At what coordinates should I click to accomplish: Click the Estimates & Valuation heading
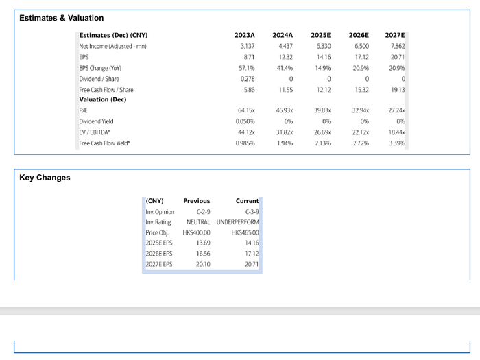pyautogui.click(x=62, y=18)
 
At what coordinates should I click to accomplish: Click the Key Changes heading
pyautogui.click(x=45, y=178)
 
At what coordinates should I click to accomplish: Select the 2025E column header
pyautogui.click(x=320, y=35)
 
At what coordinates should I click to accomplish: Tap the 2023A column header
pyautogui.click(x=244, y=35)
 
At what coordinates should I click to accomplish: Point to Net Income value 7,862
pyautogui.click(x=398, y=46)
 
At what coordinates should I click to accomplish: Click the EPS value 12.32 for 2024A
pyautogui.click(x=286, y=57)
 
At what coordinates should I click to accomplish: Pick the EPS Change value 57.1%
pyautogui.click(x=247, y=68)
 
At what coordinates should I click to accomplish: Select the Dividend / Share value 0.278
pyautogui.click(x=248, y=79)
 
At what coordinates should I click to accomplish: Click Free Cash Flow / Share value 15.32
pyautogui.click(x=361, y=90)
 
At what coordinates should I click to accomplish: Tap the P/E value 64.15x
pyautogui.click(x=246, y=110)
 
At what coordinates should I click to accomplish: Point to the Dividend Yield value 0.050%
pyautogui.click(x=245, y=121)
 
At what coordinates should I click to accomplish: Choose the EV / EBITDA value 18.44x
pyautogui.click(x=396, y=132)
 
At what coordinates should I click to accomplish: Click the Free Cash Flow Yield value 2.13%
pyautogui.click(x=323, y=143)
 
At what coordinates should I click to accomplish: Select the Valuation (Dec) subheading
pyautogui.click(x=103, y=100)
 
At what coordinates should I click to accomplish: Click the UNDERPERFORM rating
pyautogui.click(x=237, y=222)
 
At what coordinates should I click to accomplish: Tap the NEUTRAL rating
pyautogui.click(x=198, y=222)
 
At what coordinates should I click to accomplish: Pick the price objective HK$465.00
pyautogui.click(x=245, y=233)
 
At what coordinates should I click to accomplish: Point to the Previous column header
pyautogui.click(x=197, y=201)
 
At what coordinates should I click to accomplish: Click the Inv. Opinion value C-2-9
pyautogui.click(x=203, y=212)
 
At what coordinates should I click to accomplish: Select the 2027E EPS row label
pyautogui.click(x=159, y=264)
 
